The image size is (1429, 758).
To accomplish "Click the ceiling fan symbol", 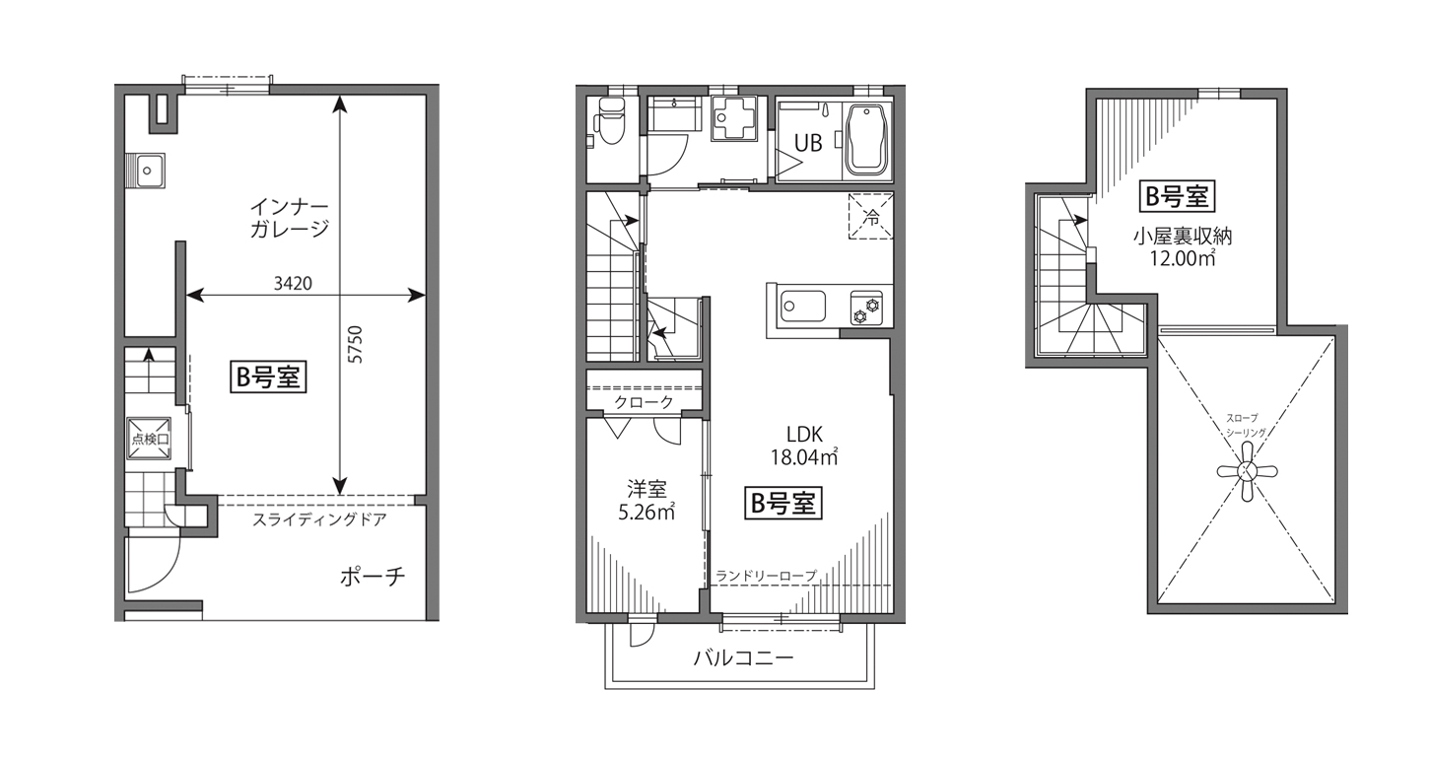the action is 1247,471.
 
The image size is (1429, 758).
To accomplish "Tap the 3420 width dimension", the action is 293,283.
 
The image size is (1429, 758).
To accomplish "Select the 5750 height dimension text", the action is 356,345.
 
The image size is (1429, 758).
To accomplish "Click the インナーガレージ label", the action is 289,218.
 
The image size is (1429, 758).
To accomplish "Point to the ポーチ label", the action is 373,577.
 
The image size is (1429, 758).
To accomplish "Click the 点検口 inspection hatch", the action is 149,439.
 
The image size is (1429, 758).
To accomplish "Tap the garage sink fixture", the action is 146,171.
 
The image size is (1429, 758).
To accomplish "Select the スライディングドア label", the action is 319,519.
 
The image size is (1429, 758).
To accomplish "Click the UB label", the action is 808,143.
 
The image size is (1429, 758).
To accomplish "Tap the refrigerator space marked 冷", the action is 871,217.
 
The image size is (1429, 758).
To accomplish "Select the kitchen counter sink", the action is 803,307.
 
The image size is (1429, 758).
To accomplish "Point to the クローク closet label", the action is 644,402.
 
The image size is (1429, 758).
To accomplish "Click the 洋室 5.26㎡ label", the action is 646,501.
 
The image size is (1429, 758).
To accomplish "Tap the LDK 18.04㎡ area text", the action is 804,446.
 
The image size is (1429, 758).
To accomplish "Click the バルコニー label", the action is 744,657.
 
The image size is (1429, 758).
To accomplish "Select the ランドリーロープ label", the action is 766,576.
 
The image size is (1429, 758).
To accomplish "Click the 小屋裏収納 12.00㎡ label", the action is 1182,247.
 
